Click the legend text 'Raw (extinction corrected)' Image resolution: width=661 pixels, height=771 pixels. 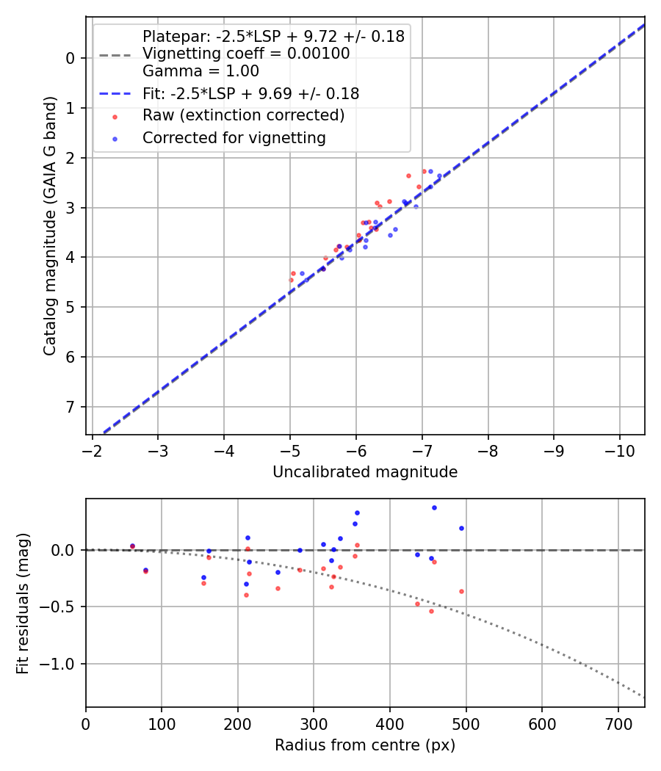pyautogui.click(x=243, y=115)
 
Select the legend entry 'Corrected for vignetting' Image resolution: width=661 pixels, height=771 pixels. pyautogui.click(x=234, y=137)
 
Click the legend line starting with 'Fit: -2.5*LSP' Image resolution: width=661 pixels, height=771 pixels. pyautogui.click(x=250, y=93)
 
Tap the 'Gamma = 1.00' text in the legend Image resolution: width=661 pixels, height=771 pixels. pyautogui.click(x=201, y=71)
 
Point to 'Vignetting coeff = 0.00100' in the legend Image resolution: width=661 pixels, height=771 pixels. pyautogui.click(x=246, y=53)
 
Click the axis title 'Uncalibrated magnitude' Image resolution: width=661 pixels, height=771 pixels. pyautogui.click(x=365, y=472)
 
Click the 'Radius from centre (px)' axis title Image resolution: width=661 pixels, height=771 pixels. pyautogui.click(x=365, y=745)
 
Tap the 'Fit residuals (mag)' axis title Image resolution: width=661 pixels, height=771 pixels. pyautogui.click(x=22, y=603)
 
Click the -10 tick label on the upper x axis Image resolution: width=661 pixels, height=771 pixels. pyautogui.click(x=619, y=449)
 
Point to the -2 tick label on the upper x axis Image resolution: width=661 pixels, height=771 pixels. pyautogui.click(x=93, y=449)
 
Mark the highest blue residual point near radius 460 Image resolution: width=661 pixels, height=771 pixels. pyautogui.click(x=434, y=507)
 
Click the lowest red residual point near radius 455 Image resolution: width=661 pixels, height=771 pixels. pyautogui.click(x=431, y=611)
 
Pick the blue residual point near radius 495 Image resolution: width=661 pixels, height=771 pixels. pyautogui.click(x=461, y=528)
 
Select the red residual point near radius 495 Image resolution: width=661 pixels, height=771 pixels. pyautogui.click(x=461, y=591)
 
